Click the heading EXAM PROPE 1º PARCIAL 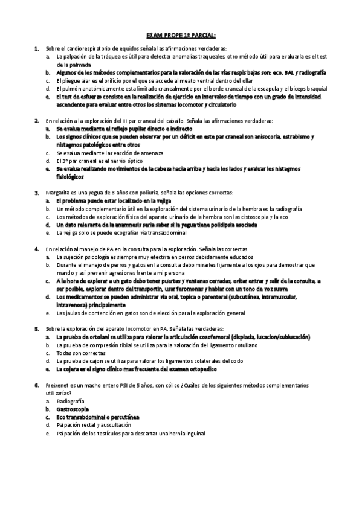tap(181, 35)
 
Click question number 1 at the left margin tap(37, 48)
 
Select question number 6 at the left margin tap(37, 385)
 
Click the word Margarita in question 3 tap(58, 192)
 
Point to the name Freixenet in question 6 tap(59, 385)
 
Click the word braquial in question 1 tap(315, 88)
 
